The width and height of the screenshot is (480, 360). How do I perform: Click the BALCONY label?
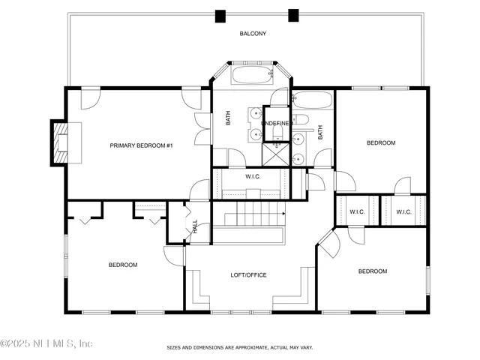point(253,34)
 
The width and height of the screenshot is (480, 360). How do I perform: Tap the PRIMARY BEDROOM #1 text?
point(142,145)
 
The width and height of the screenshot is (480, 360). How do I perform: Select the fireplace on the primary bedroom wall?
point(58,142)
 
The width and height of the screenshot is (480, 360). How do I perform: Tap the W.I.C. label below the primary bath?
point(253,176)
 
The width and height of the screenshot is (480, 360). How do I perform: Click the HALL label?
point(195,226)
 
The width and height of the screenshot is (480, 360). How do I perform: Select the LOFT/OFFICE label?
point(248,275)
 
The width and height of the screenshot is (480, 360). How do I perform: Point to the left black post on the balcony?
point(220,15)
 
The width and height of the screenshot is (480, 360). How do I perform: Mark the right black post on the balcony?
point(293,15)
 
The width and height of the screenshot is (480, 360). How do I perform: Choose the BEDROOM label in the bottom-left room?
point(123,265)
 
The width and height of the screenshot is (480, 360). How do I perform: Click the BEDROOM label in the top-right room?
point(380,142)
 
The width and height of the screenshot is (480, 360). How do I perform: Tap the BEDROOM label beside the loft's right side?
point(372,271)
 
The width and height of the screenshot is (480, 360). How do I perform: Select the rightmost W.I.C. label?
point(403,212)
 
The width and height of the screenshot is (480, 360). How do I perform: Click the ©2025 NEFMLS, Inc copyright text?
point(46,343)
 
